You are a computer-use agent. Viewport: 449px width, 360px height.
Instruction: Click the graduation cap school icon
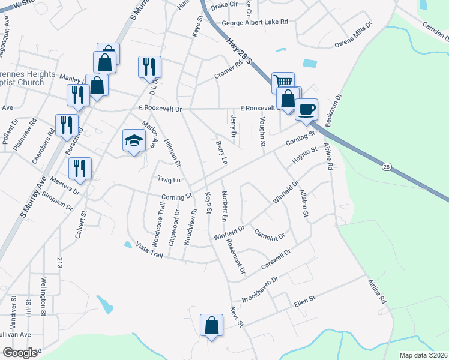click(x=134, y=141)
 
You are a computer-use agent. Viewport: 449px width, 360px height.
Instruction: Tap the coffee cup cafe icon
click(x=306, y=109)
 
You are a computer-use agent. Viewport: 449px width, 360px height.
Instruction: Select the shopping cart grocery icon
click(x=283, y=82)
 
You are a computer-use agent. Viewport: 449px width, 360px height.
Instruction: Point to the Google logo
click(x=20, y=352)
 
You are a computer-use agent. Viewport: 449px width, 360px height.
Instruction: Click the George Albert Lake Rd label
click(x=255, y=22)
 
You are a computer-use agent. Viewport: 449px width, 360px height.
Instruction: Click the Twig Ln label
click(x=169, y=179)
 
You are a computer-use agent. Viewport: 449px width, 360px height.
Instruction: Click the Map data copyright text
click(x=423, y=355)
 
